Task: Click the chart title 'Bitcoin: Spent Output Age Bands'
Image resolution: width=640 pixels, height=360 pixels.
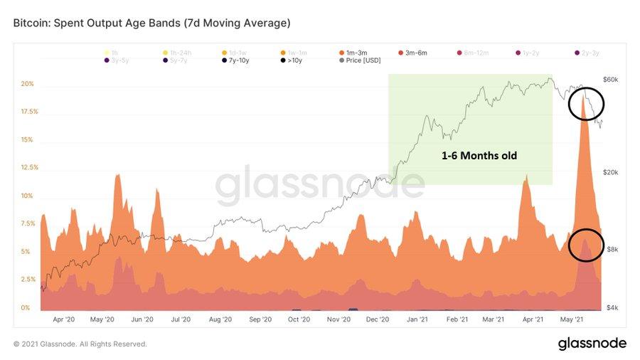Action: pyautogui.click(x=151, y=23)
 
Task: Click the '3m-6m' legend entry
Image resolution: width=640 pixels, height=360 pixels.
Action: pyautogui.click(x=416, y=52)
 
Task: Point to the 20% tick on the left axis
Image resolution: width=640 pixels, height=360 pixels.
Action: pyautogui.click(x=27, y=84)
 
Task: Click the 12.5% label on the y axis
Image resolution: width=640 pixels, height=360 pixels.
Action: pyautogui.click(x=27, y=168)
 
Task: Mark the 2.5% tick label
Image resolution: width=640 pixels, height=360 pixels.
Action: pyautogui.click(x=27, y=280)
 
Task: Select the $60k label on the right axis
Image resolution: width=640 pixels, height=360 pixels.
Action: pyautogui.click(x=612, y=80)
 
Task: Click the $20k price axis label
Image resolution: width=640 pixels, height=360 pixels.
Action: pyautogui.click(x=612, y=172)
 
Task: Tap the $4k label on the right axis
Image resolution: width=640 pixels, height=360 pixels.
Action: pyautogui.click(x=612, y=307)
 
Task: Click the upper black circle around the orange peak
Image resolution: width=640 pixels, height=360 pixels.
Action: pyautogui.click(x=586, y=105)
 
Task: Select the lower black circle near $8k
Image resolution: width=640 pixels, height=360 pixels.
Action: pyautogui.click(x=586, y=245)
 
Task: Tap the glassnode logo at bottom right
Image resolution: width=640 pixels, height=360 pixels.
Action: pyautogui.click(x=592, y=344)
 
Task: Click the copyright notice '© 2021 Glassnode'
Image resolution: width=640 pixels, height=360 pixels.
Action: pyautogui.click(x=80, y=344)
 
